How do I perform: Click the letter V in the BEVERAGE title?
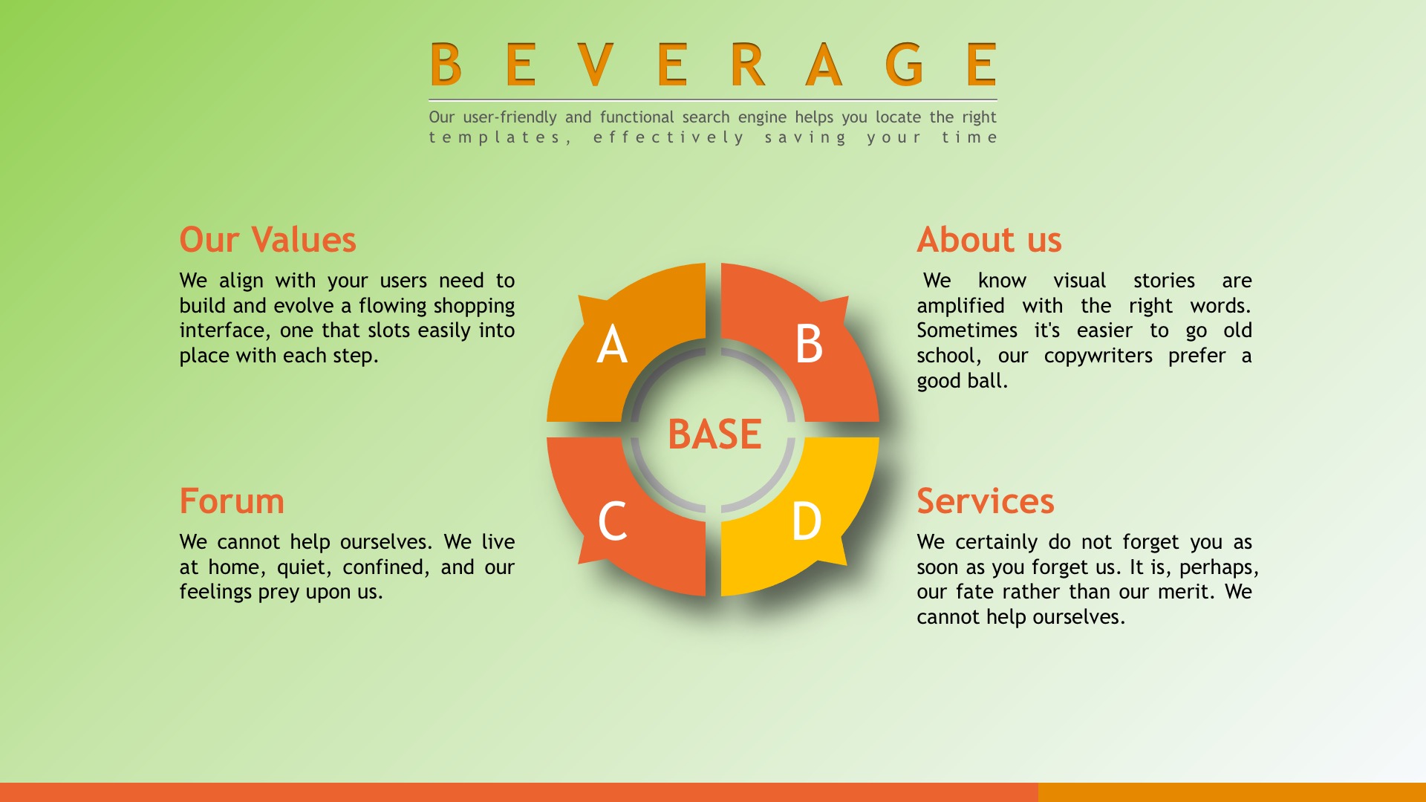(596, 65)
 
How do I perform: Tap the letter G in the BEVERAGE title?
(904, 65)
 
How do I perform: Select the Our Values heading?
(267, 240)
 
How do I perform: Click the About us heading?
(989, 240)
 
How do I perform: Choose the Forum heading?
(232, 501)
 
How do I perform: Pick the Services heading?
(986, 501)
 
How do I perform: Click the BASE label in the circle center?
(714, 434)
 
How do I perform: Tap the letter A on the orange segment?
(612, 345)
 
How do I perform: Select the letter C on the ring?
(613, 521)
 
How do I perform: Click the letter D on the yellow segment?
(807, 521)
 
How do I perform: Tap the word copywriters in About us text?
(1098, 356)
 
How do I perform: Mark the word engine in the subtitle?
(762, 117)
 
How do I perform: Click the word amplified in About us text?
(960, 307)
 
